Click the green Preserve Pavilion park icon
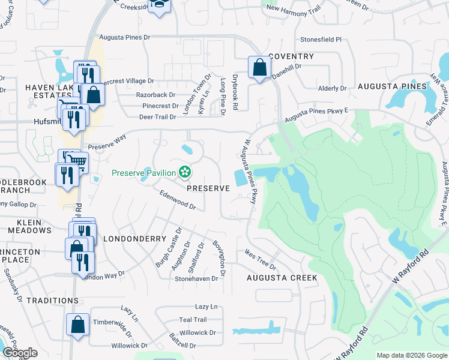point(185,173)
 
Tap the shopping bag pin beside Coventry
point(259,68)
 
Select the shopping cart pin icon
point(77,161)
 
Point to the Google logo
point(20,353)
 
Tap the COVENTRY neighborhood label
point(291,56)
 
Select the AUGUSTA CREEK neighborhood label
point(282,278)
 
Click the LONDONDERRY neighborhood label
point(134,238)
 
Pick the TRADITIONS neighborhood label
point(52,299)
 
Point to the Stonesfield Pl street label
point(321,40)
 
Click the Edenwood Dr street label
point(178,200)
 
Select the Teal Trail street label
point(193,320)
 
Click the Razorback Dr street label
point(155,95)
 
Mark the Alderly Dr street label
point(333,88)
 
